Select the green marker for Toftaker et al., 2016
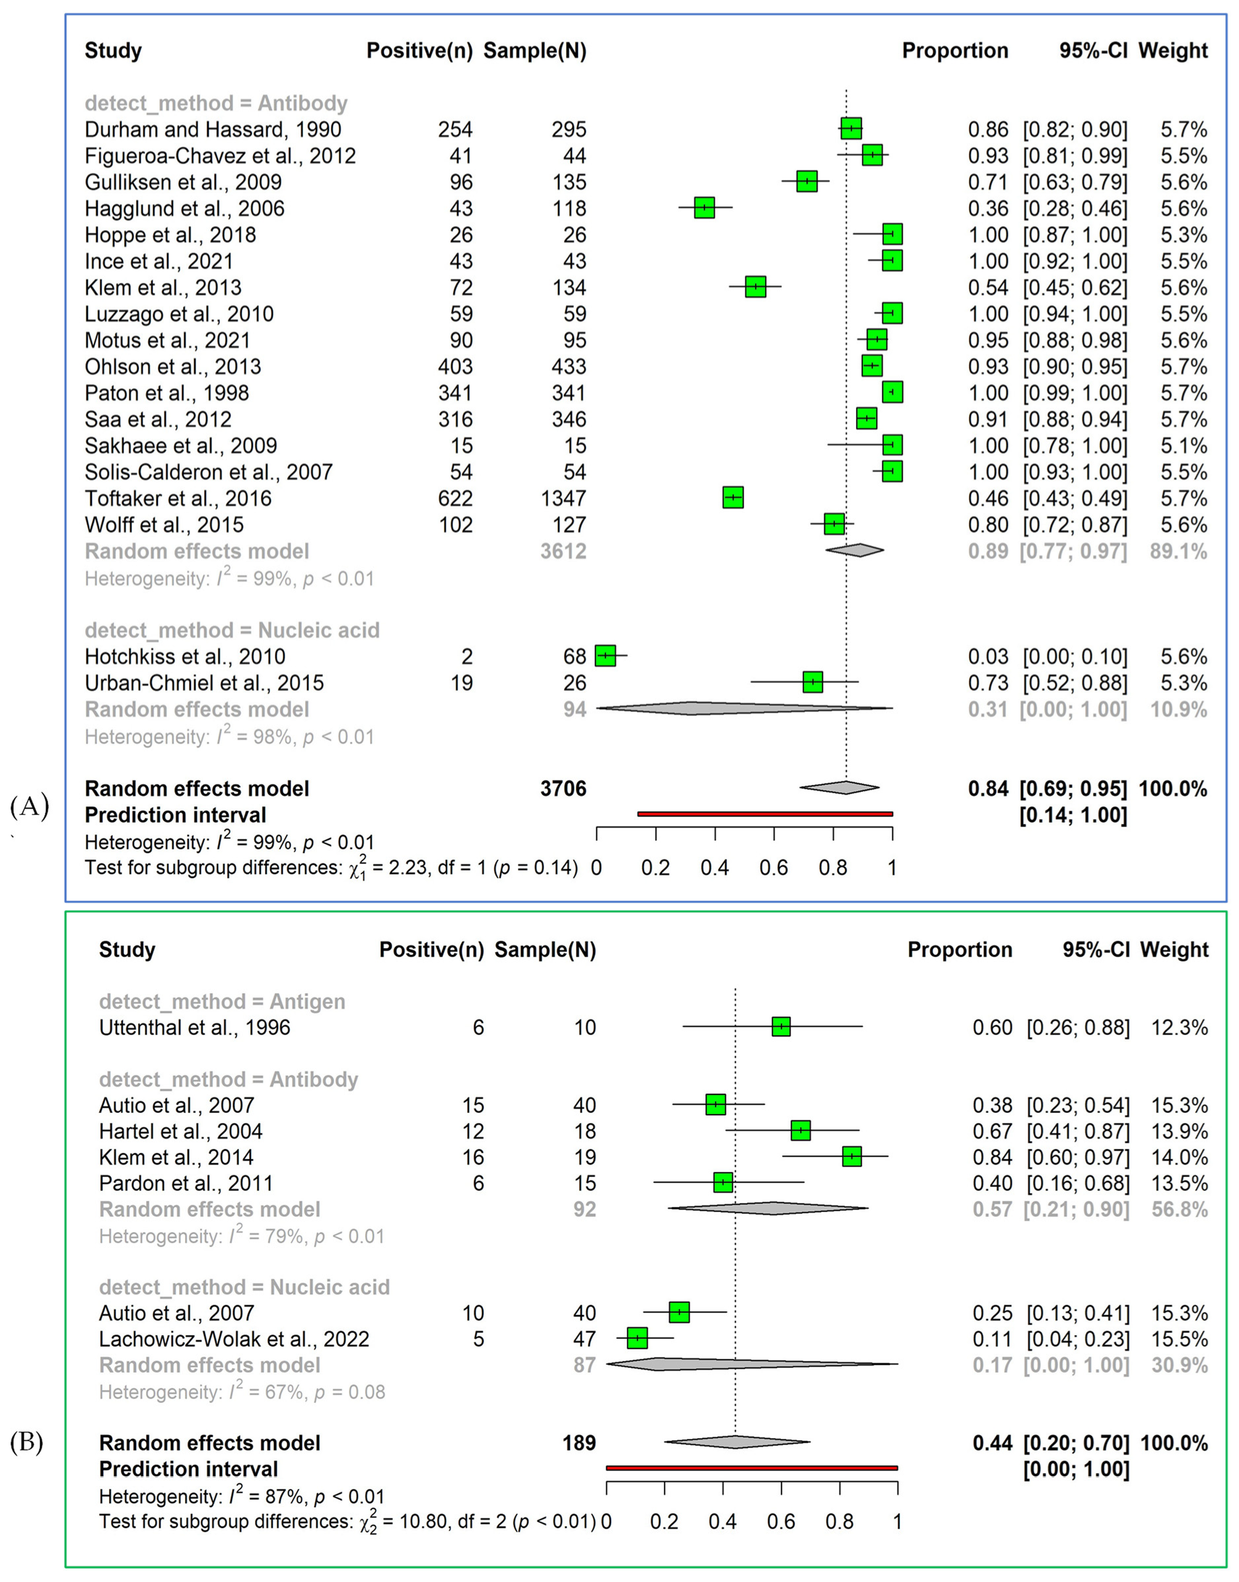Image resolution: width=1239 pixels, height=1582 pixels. (732, 498)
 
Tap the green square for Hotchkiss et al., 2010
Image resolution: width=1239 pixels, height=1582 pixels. (605, 656)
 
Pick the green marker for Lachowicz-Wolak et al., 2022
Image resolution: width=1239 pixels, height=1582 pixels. (637, 1338)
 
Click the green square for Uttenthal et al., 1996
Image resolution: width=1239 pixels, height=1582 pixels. (781, 1027)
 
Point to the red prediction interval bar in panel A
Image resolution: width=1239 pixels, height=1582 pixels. (765, 814)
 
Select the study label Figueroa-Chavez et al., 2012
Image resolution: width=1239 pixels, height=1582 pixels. (220, 156)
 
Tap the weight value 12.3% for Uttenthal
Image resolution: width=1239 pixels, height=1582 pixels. (1180, 1027)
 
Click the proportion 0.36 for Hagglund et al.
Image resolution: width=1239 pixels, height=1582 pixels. (988, 208)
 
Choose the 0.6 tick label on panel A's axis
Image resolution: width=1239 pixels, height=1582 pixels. (773, 867)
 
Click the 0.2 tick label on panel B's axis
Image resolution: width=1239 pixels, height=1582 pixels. (664, 1522)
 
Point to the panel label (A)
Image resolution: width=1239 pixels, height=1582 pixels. (30, 806)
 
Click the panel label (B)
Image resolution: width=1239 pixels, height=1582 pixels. (27, 1443)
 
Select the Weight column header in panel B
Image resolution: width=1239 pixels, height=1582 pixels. (1174, 949)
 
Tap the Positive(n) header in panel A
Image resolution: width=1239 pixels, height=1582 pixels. (419, 51)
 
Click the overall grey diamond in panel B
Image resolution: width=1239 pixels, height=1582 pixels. (736, 1442)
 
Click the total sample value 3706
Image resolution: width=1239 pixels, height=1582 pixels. (563, 789)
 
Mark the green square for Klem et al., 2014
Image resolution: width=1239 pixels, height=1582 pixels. (851, 1157)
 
